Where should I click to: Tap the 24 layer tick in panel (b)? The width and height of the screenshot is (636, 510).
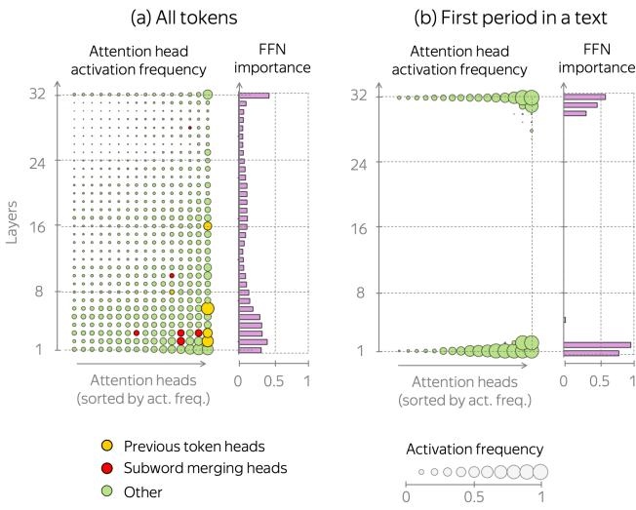[358, 162]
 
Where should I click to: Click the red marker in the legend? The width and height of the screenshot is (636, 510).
[107, 468]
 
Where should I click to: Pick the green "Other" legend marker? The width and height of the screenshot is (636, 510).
[107, 491]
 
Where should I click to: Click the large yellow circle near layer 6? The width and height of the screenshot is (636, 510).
[208, 308]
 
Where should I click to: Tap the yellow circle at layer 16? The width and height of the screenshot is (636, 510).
[208, 226]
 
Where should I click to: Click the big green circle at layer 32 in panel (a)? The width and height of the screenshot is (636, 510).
[208, 95]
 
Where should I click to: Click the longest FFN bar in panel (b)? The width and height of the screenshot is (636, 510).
[597, 344]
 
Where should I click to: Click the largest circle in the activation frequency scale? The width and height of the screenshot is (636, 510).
[539, 471]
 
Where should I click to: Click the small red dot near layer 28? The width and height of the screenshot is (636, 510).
[190, 127]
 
